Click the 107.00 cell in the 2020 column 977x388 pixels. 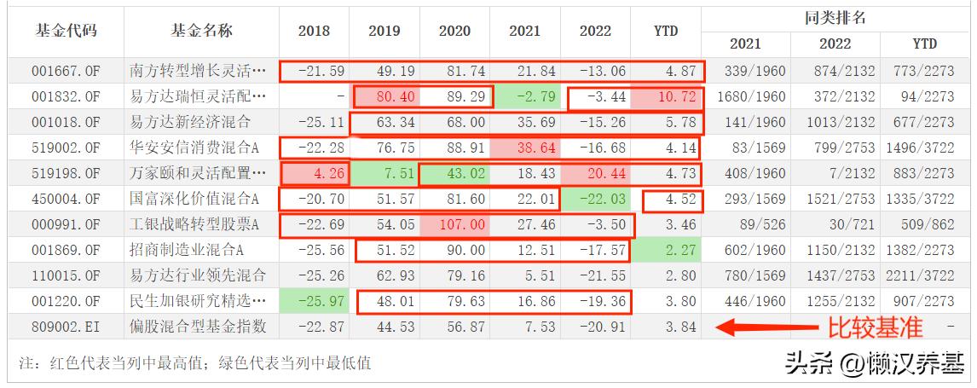(x=454, y=226)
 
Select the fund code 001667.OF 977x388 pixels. (x=66, y=71)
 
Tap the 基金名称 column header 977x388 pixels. (x=201, y=31)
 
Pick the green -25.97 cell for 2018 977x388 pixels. (x=314, y=302)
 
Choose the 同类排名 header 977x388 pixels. (x=835, y=17)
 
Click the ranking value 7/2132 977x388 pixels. (x=835, y=174)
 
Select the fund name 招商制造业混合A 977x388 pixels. (x=199, y=251)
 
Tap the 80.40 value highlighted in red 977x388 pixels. (x=384, y=96)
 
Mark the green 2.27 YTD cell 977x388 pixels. (x=665, y=251)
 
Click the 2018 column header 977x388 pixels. (x=314, y=31)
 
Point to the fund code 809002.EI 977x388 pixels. (x=66, y=327)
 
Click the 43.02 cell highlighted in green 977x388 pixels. (x=454, y=174)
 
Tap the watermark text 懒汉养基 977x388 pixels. (x=905, y=364)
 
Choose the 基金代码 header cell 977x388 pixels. (x=66, y=31)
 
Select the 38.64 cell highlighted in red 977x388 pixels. (x=524, y=148)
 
